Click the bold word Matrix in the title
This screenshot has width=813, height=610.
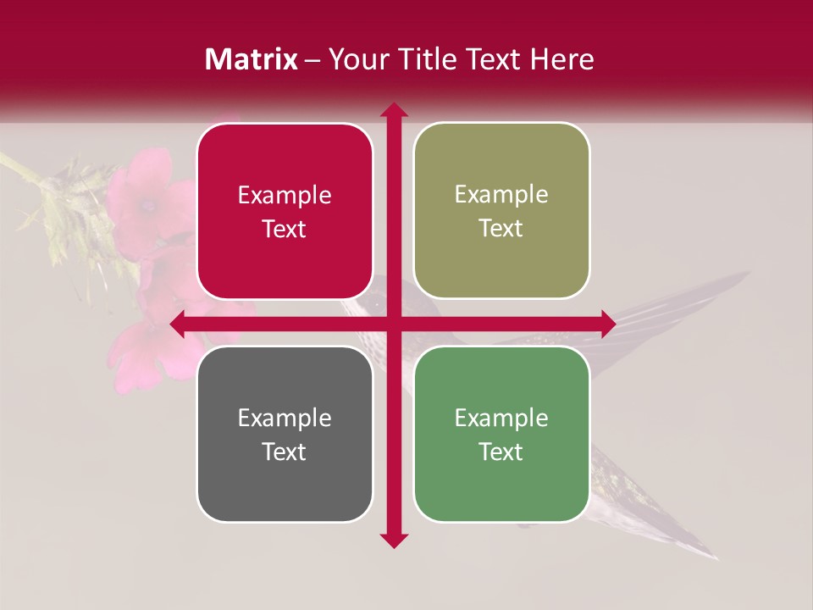click(251, 59)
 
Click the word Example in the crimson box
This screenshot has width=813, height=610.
click(285, 196)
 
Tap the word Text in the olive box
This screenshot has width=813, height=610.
click(501, 229)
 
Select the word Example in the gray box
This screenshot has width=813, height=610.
click(285, 418)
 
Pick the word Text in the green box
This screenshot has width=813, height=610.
click(501, 452)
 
